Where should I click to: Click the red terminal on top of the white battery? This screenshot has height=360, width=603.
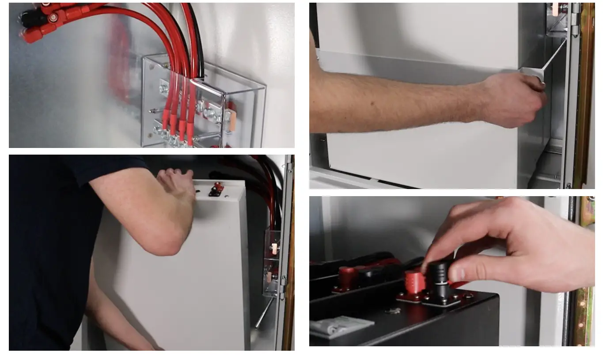tap(216, 189)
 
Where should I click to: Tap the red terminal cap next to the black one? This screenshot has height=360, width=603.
tap(414, 283)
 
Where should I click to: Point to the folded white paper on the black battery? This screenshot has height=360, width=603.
tap(340, 326)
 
